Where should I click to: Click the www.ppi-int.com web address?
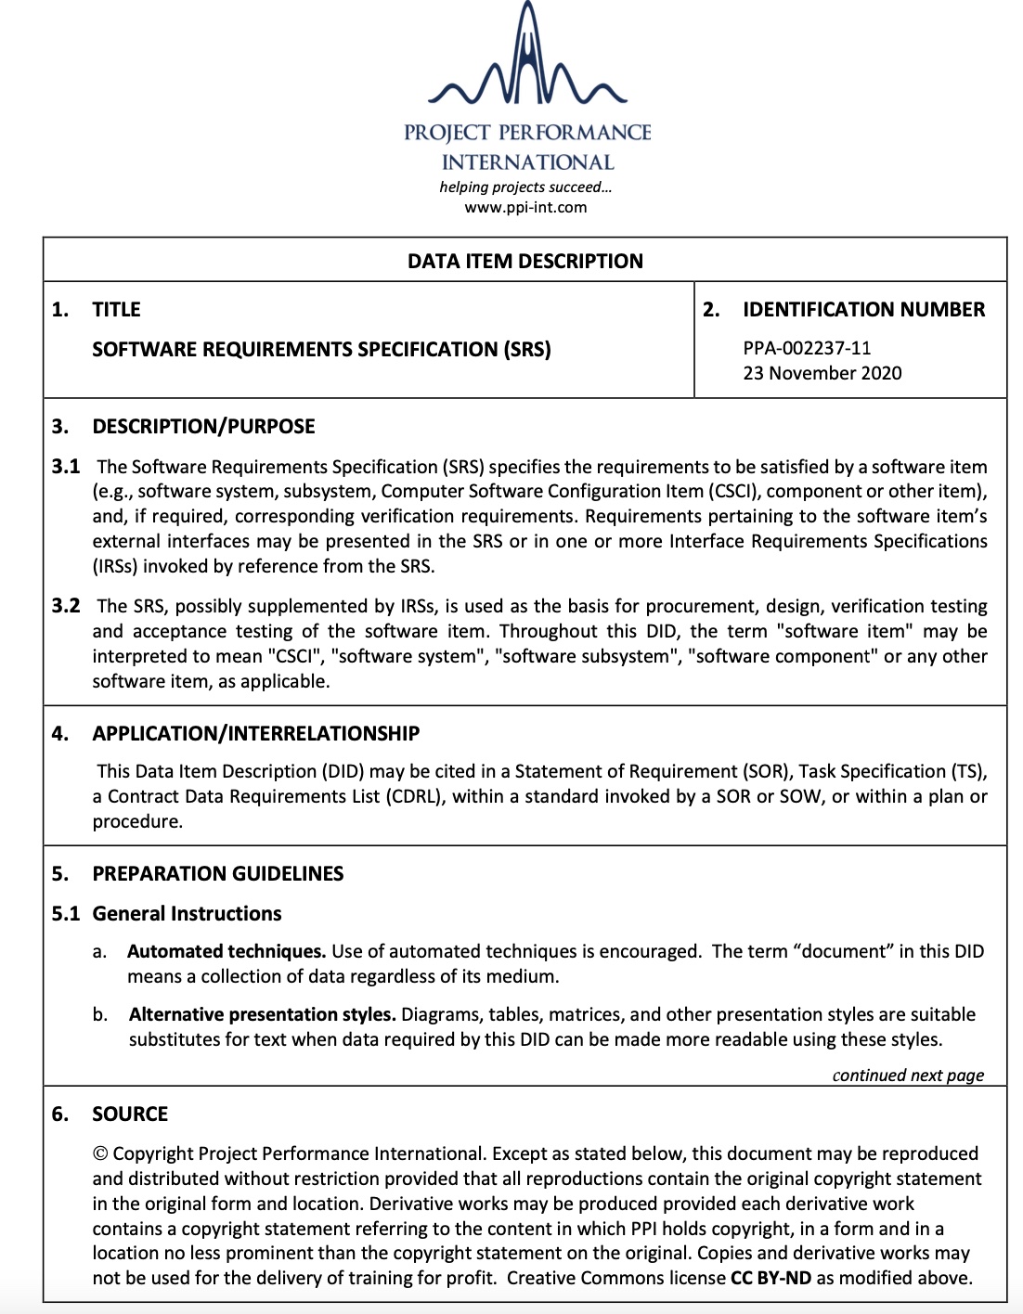click(x=525, y=207)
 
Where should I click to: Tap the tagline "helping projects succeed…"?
click(x=525, y=187)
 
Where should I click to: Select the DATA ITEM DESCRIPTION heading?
click(x=525, y=261)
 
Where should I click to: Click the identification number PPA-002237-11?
click(x=807, y=348)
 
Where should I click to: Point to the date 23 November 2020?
click(x=822, y=373)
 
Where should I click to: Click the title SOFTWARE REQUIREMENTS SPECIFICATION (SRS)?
click(x=321, y=349)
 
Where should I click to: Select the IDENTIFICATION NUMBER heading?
click(x=863, y=309)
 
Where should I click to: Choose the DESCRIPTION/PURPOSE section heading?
click(x=203, y=426)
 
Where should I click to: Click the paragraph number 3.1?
click(x=66, y=466)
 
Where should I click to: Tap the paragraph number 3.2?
click(x=66, y=606)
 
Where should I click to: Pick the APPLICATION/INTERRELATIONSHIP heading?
click(x=255, y=733)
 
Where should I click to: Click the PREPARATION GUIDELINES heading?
click(x=217, y=873)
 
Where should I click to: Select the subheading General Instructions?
click(x=187, y=913)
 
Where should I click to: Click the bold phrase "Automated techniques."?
click(x=227, y=951)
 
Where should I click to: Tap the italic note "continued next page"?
click(x=908, y=1075)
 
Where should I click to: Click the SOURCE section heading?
click(x=130, y=1114)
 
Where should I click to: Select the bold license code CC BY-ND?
click(x=770, y=1278)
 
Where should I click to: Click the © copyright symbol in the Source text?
click(x=100, y=1153)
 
